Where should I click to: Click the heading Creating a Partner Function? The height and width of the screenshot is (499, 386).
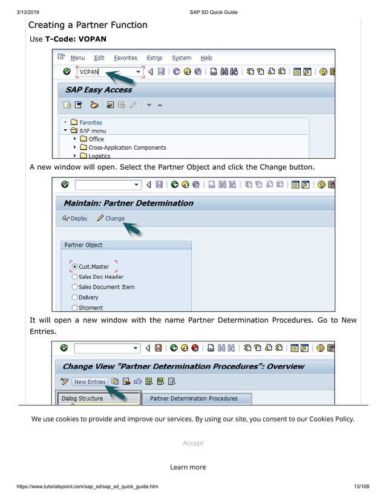point(88,25)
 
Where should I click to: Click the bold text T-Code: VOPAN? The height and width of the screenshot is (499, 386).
point(76,39)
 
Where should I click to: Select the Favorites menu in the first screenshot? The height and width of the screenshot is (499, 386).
point(125,58)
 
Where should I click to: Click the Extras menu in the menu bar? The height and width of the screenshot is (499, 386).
point(154,58)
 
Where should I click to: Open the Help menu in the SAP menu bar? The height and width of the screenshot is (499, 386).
point(206,58)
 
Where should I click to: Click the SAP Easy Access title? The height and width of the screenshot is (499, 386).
point(99,90)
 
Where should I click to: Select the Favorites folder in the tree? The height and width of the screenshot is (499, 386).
point(90,123)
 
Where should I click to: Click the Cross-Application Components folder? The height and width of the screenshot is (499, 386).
point(127,147)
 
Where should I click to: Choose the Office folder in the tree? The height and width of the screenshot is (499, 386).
point(96,139)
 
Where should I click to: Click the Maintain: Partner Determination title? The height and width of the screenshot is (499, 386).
point(128,203)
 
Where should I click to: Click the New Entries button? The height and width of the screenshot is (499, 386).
point(90,382)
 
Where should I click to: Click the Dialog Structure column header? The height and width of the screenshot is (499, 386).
point(82,398)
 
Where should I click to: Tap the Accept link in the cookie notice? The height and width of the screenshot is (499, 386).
point(193,443)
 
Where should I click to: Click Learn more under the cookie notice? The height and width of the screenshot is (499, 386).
point(188,467)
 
